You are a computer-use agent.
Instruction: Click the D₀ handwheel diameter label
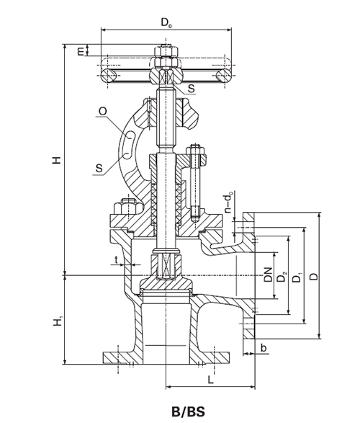pos(166,22)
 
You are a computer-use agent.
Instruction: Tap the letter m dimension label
pos(81,50)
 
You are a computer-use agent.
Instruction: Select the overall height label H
pos(57,160)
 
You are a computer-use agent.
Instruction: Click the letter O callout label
pos(103,111)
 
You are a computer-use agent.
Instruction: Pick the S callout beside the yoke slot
pos(99,169)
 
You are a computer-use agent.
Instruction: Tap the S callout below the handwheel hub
pos(191,88)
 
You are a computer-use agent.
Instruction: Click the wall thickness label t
pos(117,260)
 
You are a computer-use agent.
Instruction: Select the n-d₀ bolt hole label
pos(228,202)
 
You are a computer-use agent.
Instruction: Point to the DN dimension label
pos(268,275)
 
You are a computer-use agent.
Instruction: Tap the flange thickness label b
pos(264,348)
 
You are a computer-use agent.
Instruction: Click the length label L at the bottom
pos(211,380)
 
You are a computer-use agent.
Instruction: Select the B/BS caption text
pos(189,412)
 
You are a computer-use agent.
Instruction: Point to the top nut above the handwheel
pos(166,51)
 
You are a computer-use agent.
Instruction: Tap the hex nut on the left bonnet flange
pos(126,208)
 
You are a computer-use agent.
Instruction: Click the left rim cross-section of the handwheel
pos(108,75)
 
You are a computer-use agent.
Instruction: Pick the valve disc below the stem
pos(166,283)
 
